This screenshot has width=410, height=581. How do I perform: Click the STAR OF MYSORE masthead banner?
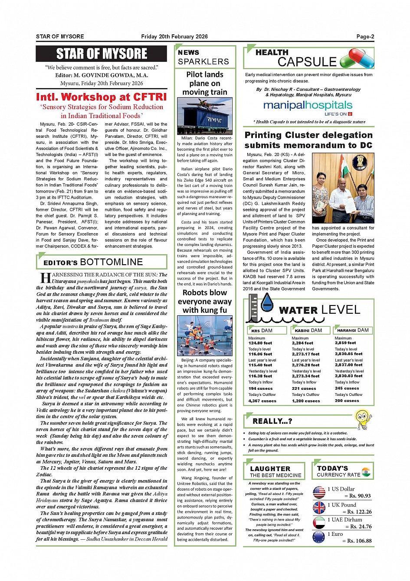pos(102,54)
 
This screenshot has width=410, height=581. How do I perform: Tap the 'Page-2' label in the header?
pos(365,37)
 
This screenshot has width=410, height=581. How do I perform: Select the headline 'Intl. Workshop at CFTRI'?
pos(101,97)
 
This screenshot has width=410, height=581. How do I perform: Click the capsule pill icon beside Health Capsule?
pos(357,58)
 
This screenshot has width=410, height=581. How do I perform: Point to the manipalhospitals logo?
pos(308,106)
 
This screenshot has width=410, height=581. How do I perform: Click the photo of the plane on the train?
pos(204,116)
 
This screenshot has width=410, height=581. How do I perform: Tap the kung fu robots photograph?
pos(204,335)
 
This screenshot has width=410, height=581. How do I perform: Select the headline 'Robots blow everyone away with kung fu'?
pos(204,301)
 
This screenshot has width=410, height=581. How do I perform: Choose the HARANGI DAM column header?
pos(353,330)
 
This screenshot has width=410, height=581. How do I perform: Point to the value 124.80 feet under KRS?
pos(260,343)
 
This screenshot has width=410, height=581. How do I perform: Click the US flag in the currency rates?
pos(319,492)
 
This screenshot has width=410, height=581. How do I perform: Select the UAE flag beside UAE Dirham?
pos(319,523)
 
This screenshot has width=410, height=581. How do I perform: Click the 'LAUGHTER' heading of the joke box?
pos(270,468)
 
